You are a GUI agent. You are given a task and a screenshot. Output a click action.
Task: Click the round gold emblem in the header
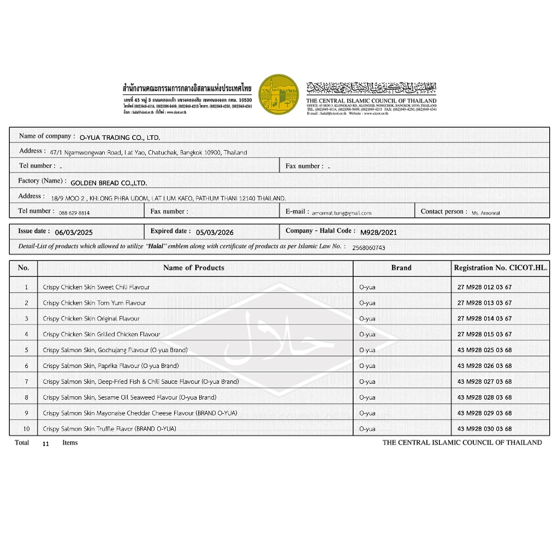pyautogui.click(x=278, y=94)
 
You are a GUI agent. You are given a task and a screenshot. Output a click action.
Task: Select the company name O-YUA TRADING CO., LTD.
pyautogui.click(x=120, y=138)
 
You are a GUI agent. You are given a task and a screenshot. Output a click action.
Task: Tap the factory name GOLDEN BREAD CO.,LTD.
pyautogui.click(x=109, y=183)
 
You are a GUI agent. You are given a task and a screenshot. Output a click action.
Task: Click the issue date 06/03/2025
pyautogui.click(x=74, y=232)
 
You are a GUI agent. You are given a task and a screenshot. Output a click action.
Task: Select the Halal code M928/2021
pyautogui.click(x=379, y=232)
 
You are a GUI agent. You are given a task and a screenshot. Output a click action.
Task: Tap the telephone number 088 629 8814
pyautogui.click(x=74, y=213)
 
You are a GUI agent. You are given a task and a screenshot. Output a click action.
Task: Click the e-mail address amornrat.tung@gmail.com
pyautogui.click(x=341, y=213)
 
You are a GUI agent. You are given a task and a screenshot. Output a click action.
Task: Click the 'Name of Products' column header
pyautogui.click(x=194, y=267)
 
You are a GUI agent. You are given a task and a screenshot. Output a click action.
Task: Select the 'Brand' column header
pyautogui.click(x=401, y=267)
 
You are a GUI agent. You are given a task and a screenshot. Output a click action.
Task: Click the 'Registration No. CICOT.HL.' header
pyautogui.click(x=501, y=267)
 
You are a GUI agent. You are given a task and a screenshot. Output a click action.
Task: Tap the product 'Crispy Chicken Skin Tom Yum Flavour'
pyautogui.click(x=94, y=303)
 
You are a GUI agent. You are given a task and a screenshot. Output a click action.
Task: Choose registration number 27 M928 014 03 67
pyautogui.click(x=484, y=319)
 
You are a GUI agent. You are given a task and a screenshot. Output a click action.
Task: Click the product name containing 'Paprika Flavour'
pyautogui.click(x=111, y=366)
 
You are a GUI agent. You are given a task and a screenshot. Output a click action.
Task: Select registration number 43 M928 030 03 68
pyautogui.click(x=484, y=429)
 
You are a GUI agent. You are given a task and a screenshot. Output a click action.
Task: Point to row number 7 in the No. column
pyautogui.click(x=26, y=382)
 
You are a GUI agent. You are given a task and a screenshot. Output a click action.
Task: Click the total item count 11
pyautogui.click(x=45, y=444)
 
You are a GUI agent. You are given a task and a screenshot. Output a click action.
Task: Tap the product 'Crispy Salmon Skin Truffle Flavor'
pyautogui.click(x=109, y=429)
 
